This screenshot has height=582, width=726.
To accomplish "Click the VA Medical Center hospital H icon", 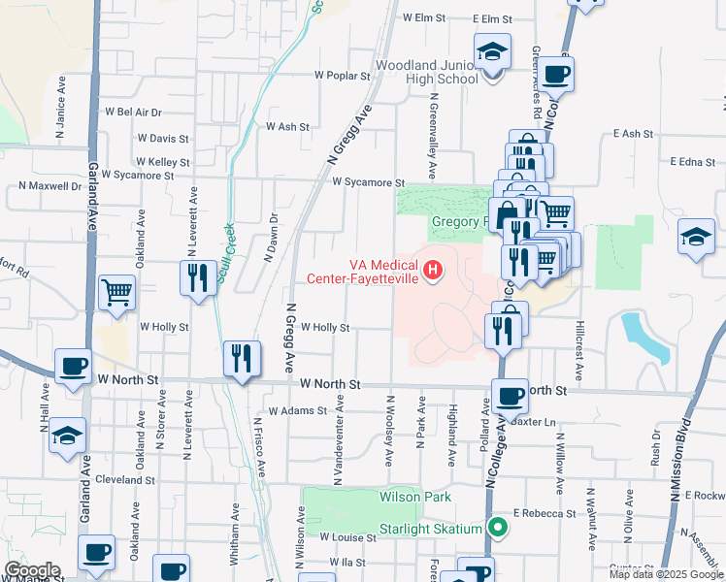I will pyautogui.click(x=433, y=269).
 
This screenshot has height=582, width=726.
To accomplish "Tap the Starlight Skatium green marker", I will pyautogui.click(x=498, y=528).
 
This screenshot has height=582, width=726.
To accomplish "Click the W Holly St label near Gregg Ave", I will pyautogui.click(x=325, y=328).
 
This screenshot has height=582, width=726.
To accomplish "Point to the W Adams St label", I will pyautogui.click(x=300, y=411).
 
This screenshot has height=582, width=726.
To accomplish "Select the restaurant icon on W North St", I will pyautogui.click(x=242, y=358).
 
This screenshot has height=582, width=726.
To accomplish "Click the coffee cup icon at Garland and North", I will pyautogui.click(x=74, y=366).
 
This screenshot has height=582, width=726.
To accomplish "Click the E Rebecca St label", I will pyautogui.click(x=544, y=512).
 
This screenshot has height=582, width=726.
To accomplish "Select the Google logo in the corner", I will pyautogui.click(x=32, y=570).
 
